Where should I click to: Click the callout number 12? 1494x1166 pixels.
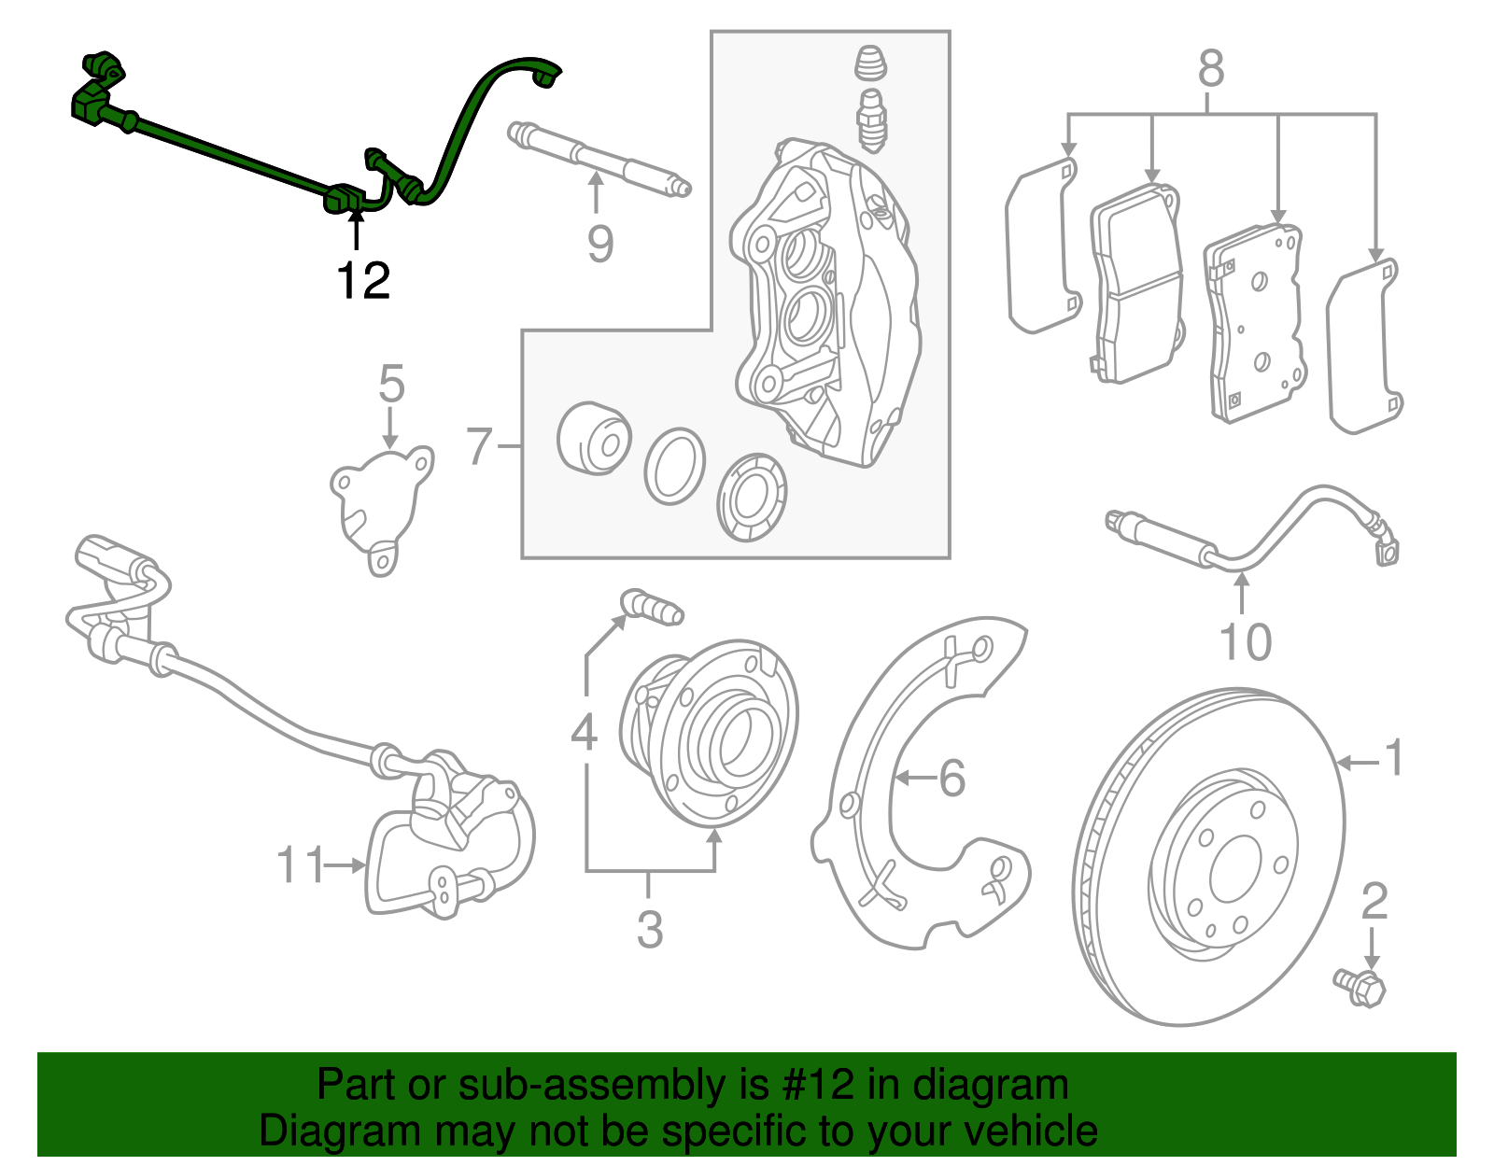click(363, 281)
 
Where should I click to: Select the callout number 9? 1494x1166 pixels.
click(600, 244)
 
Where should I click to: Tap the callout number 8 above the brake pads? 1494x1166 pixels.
click(1210, 69)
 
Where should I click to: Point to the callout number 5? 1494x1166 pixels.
click(391, 385)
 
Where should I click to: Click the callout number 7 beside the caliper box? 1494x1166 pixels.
click(479, 446)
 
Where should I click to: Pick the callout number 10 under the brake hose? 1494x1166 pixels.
click(1245, 642)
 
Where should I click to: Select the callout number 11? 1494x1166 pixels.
click(301, 865)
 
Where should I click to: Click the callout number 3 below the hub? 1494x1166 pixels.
click(650, 930)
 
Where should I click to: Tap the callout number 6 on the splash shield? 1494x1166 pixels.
click(951, 778)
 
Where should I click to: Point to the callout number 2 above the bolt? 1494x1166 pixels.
click(1374, 901)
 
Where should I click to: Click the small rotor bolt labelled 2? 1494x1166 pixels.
click(1360, 987)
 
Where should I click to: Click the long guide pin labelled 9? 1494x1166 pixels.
click(598, 160)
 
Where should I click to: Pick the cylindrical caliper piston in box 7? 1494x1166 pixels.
click(593, 438)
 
